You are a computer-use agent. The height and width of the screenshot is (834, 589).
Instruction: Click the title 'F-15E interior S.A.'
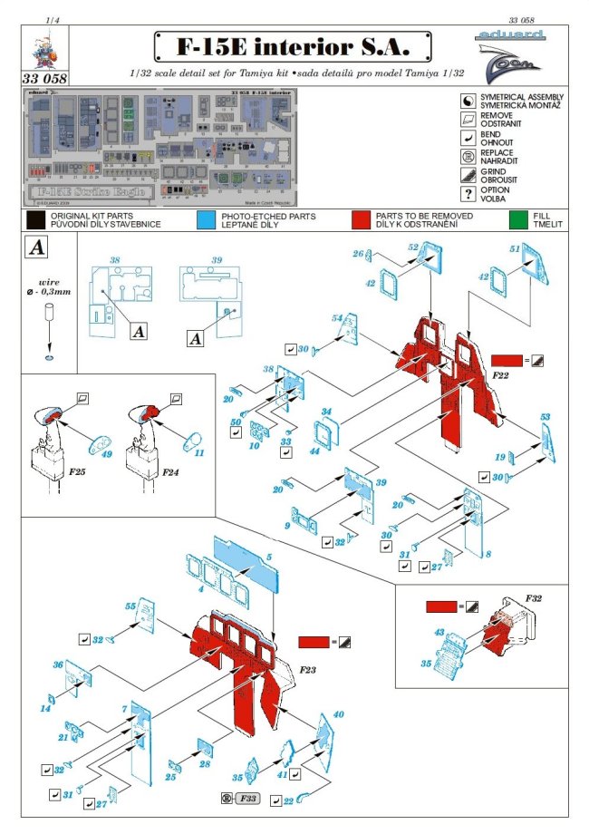click(x=293, y=45)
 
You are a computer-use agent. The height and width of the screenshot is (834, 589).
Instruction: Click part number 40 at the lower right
click(x=339, y=715)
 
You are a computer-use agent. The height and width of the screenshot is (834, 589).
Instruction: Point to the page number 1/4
click(x=53, y=17)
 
